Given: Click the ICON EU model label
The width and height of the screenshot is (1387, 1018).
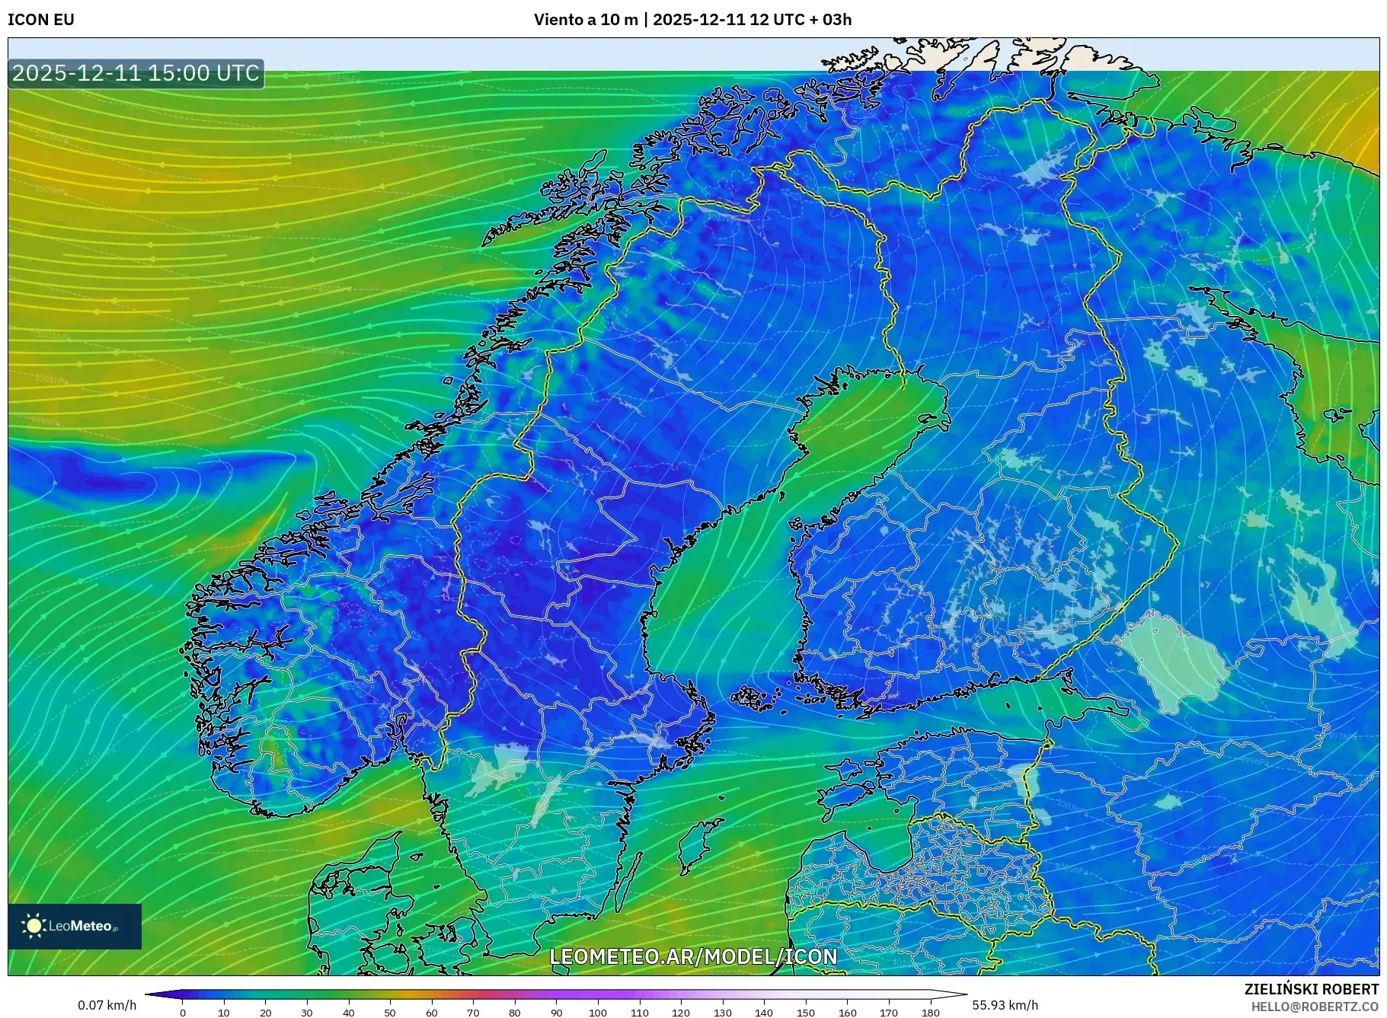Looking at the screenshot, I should point(41,20).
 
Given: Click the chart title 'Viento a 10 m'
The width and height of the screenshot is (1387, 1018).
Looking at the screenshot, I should point(586,20).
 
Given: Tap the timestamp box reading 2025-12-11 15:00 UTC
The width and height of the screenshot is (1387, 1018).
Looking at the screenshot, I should point(136,74).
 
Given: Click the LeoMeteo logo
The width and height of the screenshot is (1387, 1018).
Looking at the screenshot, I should point(75,926).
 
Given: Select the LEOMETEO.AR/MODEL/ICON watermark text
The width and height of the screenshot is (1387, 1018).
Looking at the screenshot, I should point(693,956).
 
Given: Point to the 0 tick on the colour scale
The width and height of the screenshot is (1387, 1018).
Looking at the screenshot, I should point(183,1012).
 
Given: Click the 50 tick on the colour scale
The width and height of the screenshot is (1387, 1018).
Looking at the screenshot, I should point(390,1012).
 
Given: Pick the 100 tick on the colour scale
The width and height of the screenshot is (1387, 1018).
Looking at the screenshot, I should point(598,1012).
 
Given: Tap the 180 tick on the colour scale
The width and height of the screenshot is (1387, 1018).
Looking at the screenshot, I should point(930,1012).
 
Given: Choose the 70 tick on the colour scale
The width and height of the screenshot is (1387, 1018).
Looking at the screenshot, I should point(473,1012).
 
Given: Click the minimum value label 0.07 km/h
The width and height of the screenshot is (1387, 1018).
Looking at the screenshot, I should point(107,1005).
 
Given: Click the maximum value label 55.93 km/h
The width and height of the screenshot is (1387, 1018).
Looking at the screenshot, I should point(1005,1005).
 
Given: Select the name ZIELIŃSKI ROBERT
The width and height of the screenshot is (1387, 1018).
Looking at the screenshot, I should point(1311,989).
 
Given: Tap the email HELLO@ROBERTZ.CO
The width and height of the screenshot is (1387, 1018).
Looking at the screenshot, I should point(1315,1007).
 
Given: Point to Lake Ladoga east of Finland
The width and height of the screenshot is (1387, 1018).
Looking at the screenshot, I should point(1177,659).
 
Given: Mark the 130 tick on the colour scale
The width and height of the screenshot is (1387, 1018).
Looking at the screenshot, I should point(722,1012).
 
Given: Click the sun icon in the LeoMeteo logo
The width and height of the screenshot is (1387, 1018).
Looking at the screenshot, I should point(34,926).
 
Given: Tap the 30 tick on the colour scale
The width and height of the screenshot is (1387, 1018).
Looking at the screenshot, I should point(307,1012).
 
